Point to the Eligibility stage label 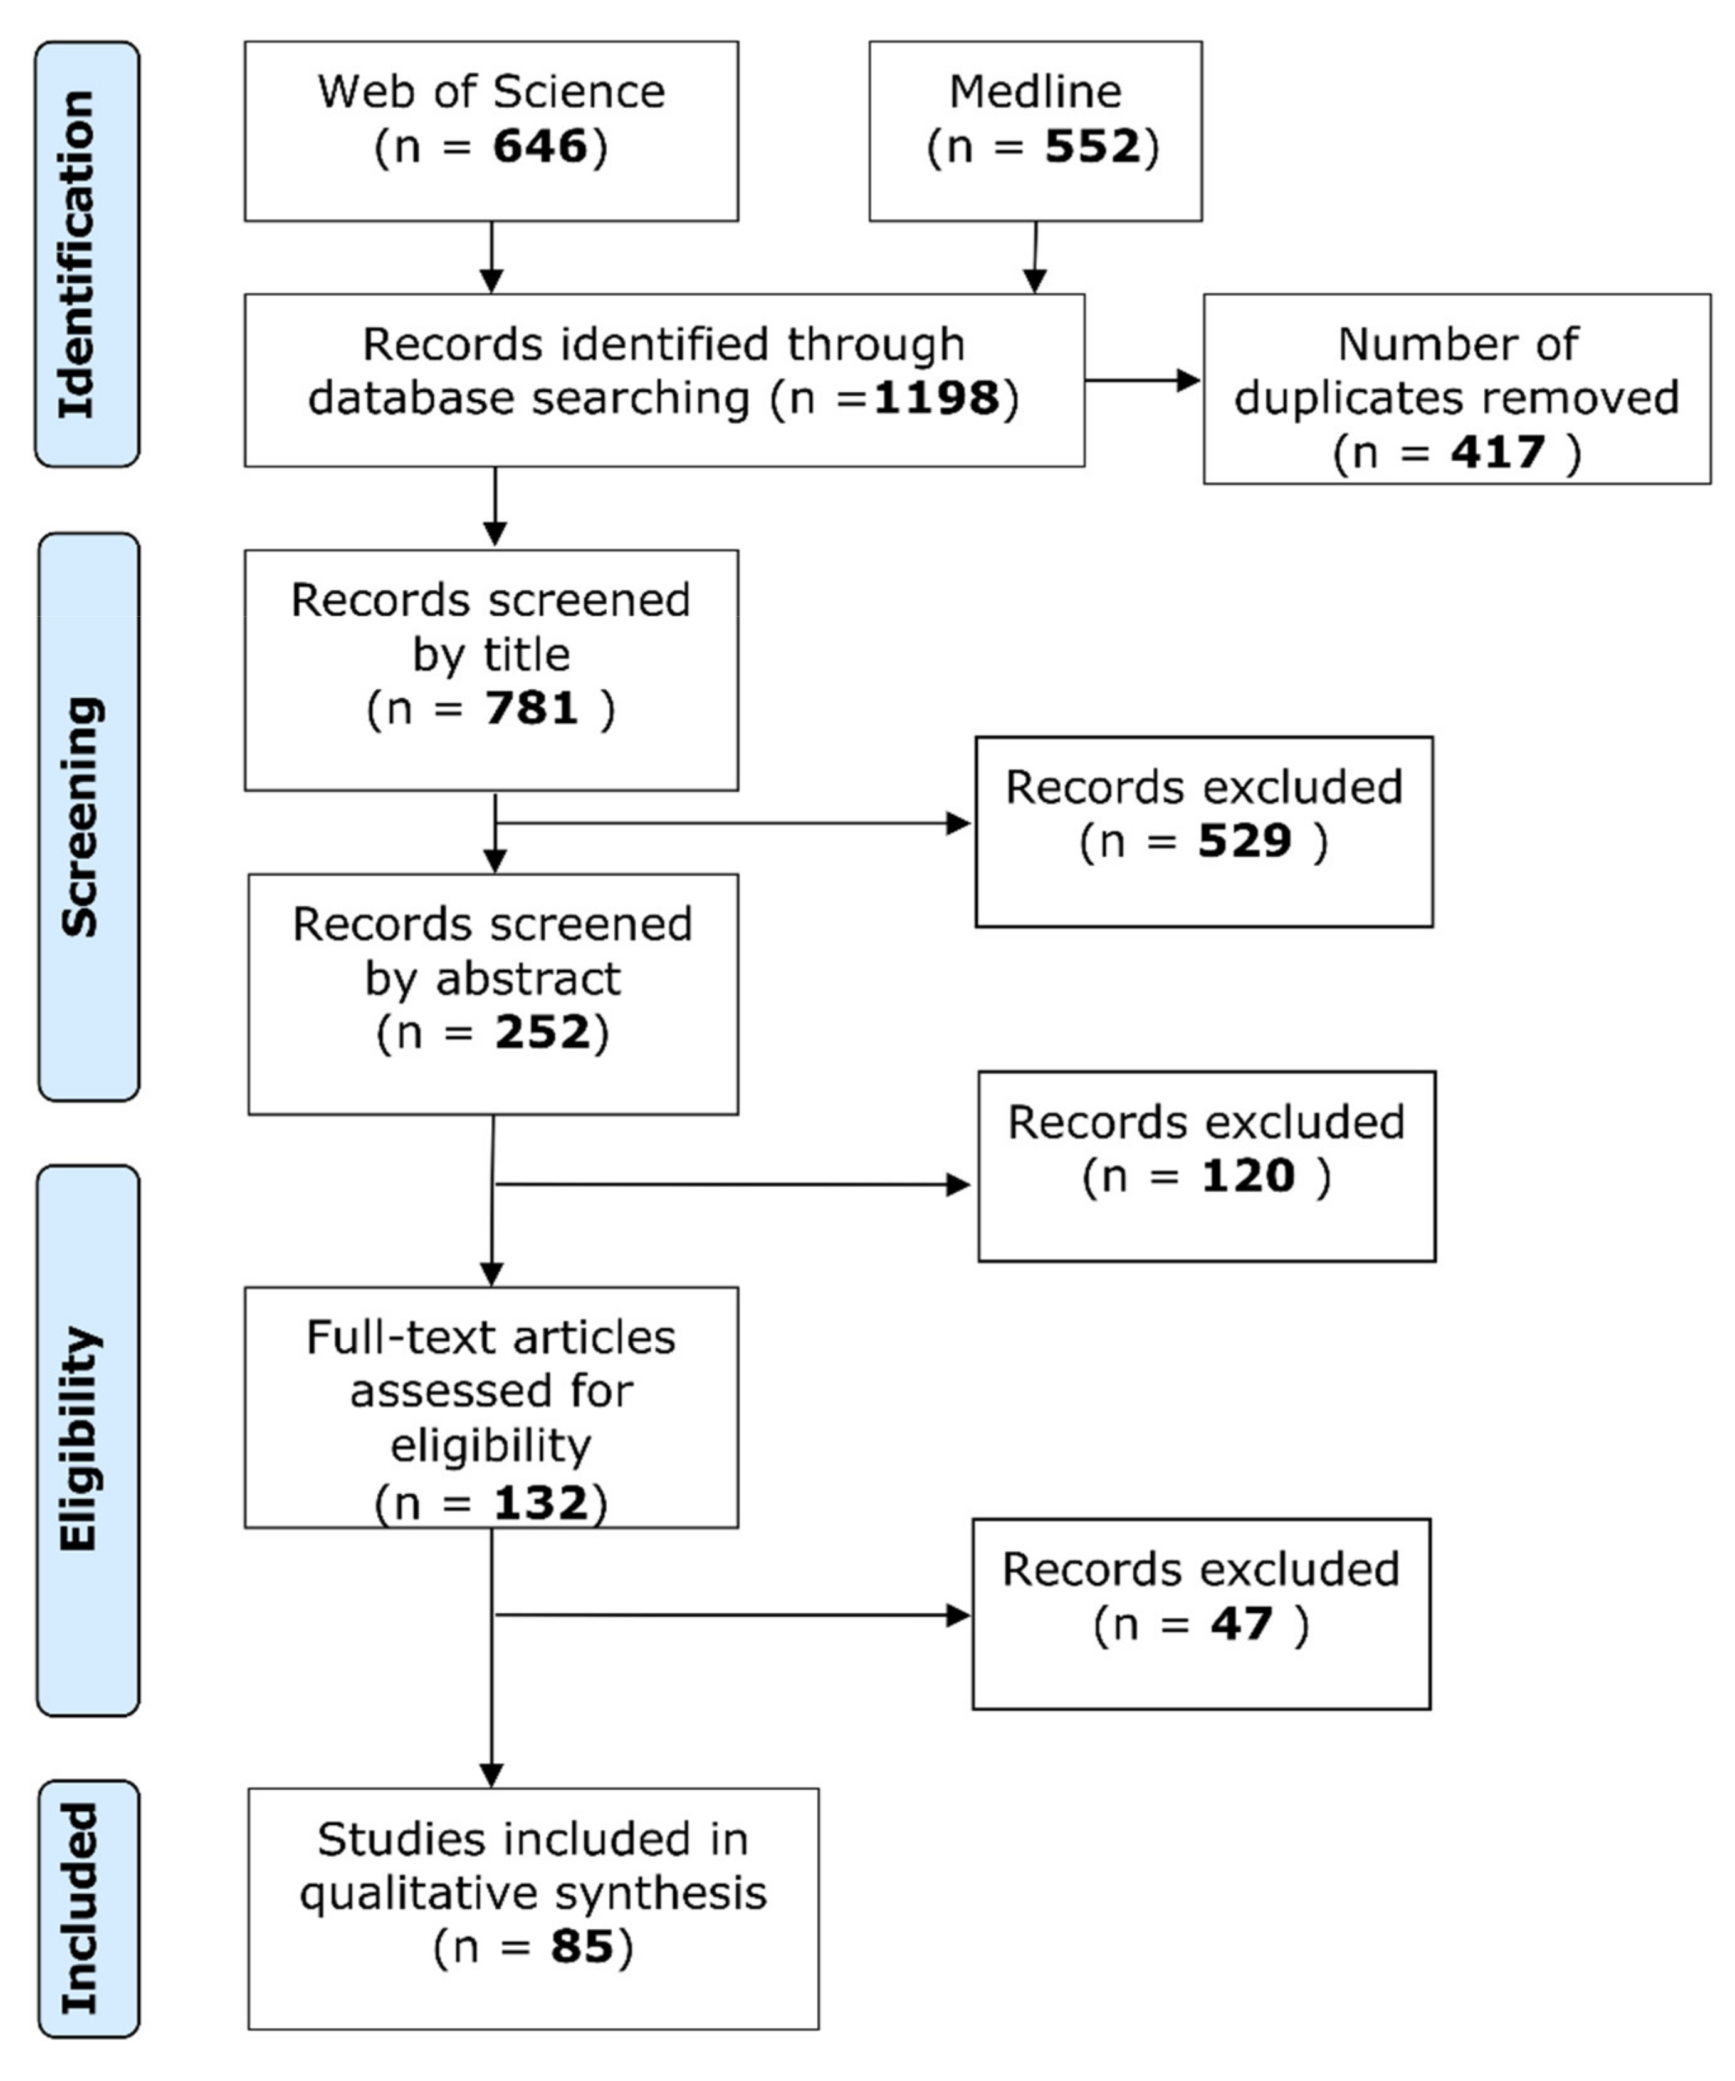coord(79,1439)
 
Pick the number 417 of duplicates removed coord(1497,452)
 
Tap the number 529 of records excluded coord(1244,841)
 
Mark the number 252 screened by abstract coord(542,1032)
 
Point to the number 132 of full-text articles coord(540,1502)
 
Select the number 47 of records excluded coord(1240,1623)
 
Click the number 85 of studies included coord(582,1945)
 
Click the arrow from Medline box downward coord(1034,258)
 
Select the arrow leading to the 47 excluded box coord(733,1615)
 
